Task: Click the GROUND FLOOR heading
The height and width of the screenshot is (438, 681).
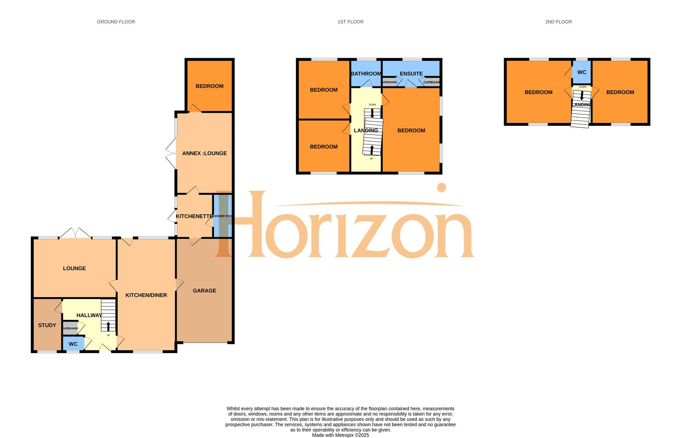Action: [116, 22]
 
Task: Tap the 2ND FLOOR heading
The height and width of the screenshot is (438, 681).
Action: [558, 22]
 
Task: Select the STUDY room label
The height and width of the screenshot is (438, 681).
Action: [47, 325]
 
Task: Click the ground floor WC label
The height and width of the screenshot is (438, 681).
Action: [73, 344]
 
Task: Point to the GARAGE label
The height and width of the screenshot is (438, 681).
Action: [204, 290]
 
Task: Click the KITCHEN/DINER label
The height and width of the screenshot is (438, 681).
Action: [146, 295]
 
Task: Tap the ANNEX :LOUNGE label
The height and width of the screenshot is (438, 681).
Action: [204, 153]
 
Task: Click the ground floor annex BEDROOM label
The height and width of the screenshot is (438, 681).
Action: [209, 86]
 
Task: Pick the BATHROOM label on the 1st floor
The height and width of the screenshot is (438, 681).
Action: [366, 74]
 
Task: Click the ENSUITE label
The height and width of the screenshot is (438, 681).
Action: [411, 74]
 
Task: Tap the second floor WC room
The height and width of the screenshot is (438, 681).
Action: [582, 72]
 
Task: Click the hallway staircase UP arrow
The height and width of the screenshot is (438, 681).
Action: [108, 326]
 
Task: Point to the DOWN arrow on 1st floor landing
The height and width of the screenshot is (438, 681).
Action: [372, 113]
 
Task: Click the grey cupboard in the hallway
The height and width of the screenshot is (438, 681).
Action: [70, 328]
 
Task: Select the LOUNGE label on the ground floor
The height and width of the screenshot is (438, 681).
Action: [74, 268]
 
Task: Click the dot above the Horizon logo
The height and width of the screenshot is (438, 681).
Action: [441, 187]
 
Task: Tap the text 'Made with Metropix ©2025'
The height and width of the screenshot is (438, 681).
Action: [340, 435]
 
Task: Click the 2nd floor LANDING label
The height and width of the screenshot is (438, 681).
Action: [581, 105]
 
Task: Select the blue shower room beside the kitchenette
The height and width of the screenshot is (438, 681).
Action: [222, 216]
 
